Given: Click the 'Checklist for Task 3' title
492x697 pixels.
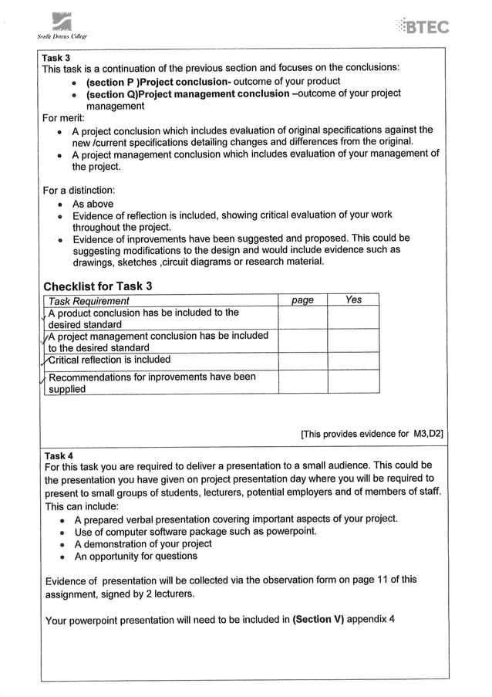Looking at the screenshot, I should coord(98,286).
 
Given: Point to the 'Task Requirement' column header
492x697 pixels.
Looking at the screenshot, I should coord(89,300).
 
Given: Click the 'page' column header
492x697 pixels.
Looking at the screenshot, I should coord(302,300).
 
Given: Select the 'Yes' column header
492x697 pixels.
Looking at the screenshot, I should coord(353,300).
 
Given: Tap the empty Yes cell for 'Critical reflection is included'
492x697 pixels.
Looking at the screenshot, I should coord(353,360).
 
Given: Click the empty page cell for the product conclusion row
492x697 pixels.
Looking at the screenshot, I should coord(302,318).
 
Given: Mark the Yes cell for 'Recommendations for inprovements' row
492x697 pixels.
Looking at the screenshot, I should coord(353,382).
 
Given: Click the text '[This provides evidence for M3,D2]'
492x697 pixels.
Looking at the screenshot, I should coord(372,434).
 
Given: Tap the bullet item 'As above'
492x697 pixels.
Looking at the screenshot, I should coord(93,204).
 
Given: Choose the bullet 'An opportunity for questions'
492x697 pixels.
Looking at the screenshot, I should coord(136,556).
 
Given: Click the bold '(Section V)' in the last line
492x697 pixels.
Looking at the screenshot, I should coord(318,619).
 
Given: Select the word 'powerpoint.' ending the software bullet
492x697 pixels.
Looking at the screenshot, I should coord(289,531).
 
